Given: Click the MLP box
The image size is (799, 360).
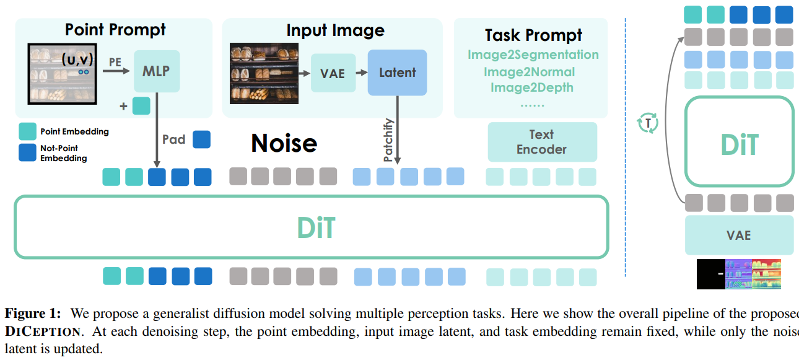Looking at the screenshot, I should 156,71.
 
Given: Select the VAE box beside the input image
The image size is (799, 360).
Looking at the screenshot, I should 333,72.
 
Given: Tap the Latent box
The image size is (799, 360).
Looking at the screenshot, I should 397,72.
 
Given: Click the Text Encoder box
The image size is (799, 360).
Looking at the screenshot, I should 542,142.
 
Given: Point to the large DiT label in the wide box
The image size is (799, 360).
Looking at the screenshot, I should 316,227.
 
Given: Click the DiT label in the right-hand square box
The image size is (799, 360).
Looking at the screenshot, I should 740,145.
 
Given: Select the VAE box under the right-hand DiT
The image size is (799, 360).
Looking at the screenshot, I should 739,235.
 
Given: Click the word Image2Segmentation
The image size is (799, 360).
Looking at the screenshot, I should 533,55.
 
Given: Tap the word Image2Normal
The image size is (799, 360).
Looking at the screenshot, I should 529,72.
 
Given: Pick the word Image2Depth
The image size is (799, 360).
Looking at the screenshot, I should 531,87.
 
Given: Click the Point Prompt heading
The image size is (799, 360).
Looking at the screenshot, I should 115,29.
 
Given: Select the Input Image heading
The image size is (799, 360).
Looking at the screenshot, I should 335,30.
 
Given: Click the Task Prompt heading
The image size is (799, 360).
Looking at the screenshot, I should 533,35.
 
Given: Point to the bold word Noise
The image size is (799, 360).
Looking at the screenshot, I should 284,143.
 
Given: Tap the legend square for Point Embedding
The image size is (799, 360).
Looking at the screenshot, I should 27,131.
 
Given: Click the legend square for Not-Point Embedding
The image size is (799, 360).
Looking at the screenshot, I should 27,152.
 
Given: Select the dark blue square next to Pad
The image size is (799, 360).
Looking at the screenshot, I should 201,139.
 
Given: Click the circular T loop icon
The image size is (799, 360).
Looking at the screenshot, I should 648,123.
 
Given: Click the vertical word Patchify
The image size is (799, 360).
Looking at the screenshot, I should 388,141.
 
